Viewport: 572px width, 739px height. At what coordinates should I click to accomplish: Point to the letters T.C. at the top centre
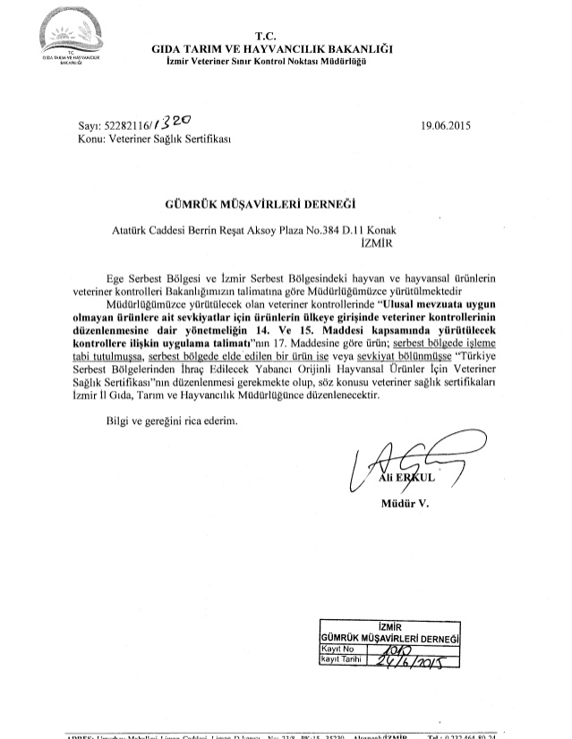click(x=281, y=36)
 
